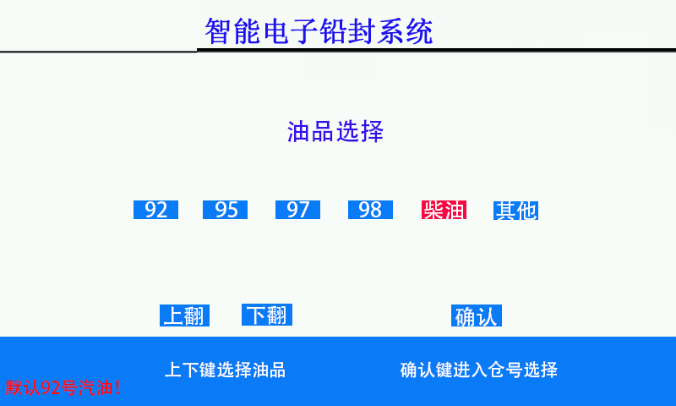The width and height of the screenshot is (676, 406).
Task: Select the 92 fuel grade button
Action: tap(155, 210)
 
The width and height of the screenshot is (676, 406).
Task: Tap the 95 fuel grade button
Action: tap(225, 210)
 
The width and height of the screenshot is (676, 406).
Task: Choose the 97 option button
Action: tap(298, 210)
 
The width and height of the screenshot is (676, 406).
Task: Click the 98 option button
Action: tap(370, 210)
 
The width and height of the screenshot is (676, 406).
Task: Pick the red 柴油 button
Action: tap(444, 210)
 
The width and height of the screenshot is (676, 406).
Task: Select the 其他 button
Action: tap(516, 211)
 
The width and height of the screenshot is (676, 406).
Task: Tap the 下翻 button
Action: tap(267, 315)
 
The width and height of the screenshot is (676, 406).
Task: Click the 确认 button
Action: tap(477, 315)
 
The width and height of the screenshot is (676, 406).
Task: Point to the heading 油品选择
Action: tap(335, 132)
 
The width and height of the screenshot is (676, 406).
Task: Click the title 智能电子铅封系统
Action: tap(319, 31)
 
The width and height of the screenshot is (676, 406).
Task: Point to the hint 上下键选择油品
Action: tap(225, 370)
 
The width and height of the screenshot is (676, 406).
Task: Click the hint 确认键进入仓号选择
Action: tap(478, 370)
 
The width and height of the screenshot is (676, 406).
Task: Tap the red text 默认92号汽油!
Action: tap(63, 387)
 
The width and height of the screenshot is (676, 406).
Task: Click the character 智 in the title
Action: tap(219, 31)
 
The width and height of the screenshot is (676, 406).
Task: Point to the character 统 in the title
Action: tap(419, 31)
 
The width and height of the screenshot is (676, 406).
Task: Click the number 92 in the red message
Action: tap(50, 388)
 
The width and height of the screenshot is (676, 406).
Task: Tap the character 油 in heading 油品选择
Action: tap(299, 132)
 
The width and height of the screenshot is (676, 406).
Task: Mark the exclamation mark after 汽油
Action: tap(117, 387)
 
